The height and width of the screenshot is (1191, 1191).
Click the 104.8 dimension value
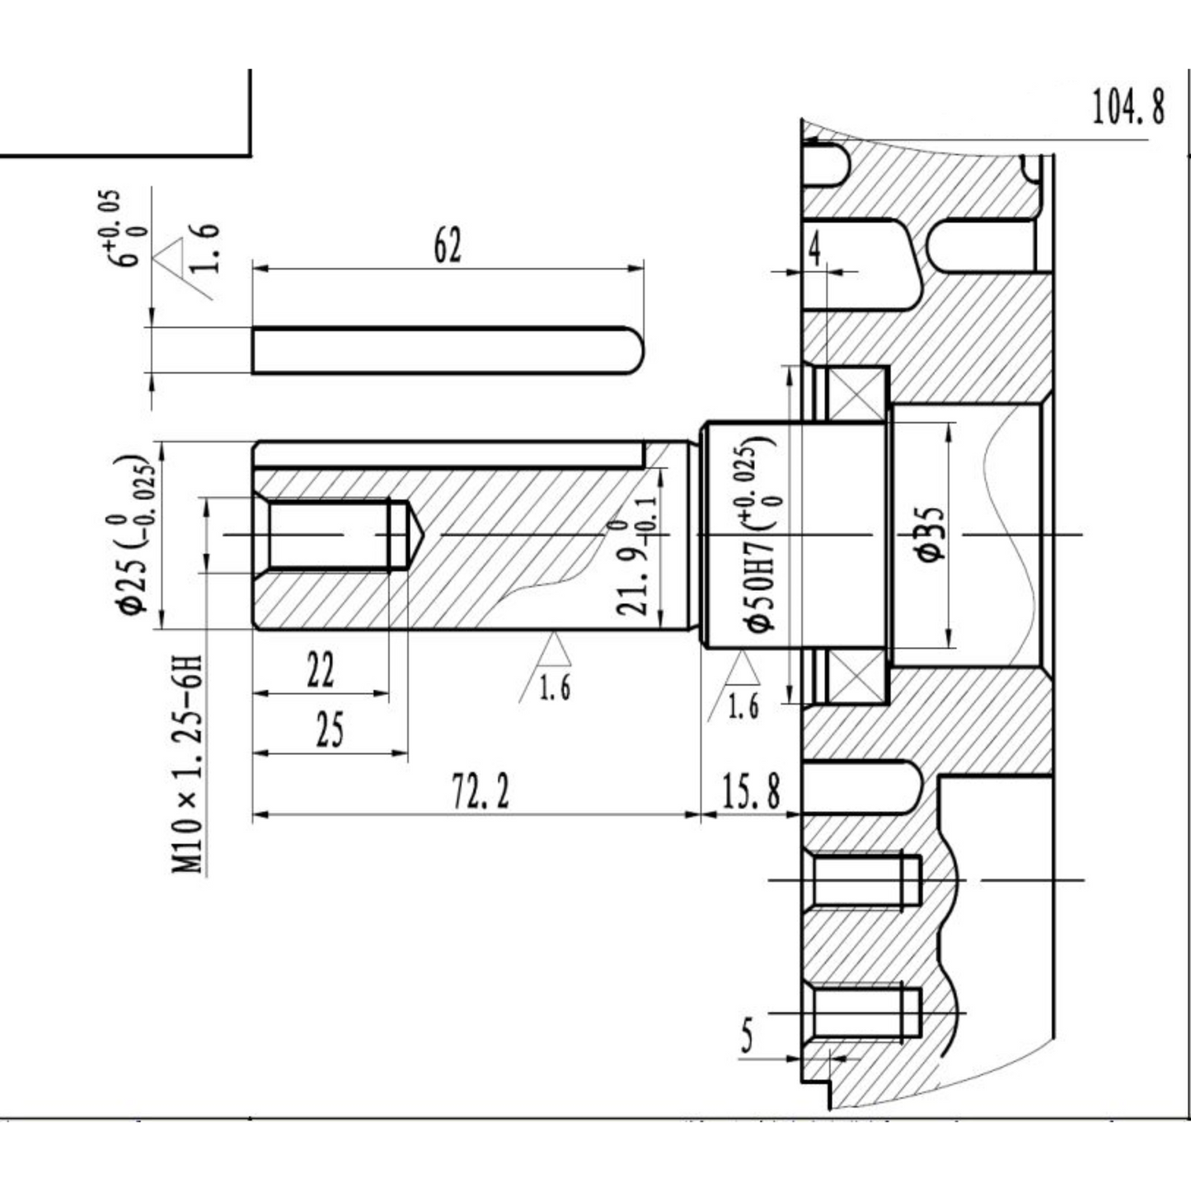1128,107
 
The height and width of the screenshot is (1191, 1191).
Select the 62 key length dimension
448,245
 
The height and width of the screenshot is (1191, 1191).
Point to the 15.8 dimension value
751,792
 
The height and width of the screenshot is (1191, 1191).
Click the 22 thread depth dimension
321,669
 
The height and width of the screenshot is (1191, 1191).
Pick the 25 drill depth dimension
329,729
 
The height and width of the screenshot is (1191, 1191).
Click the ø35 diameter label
931,534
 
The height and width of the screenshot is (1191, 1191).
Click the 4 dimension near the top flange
815,250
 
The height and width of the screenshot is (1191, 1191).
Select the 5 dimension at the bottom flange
747,1035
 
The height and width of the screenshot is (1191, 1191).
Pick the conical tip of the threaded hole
415,535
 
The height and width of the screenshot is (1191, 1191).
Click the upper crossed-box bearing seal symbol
856,396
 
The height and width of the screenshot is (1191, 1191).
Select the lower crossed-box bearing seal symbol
856,676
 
